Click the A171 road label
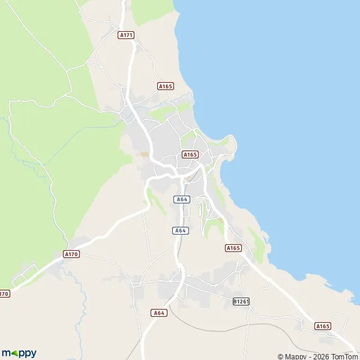tap(126, 35)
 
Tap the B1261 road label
tap(241, 301)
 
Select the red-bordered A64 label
tap(158, 313)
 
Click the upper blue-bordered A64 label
tap(182, 199)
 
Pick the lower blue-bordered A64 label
tap(180, 230)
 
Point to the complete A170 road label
tap(71, 254)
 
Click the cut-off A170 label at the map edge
tap(4, 293)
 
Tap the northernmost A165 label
tap(166, 86)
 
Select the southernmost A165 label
tap(323, 326)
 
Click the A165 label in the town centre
tap(190, 154)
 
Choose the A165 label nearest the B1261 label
tap(233, 248)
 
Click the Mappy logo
tap(19, 353)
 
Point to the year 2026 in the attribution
tap(318, 356)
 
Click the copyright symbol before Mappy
tap(280, 356)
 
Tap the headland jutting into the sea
tap(232, 144)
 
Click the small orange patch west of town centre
tap(143, 154)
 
